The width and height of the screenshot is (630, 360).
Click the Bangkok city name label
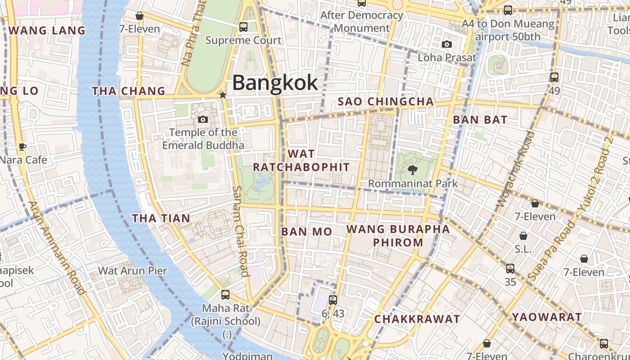pos(275,83)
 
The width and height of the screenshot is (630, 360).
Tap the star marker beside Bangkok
pos(222,95)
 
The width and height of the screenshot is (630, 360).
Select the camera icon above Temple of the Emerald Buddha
pos(203,119)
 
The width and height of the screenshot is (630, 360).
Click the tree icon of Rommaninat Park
pos(412,170)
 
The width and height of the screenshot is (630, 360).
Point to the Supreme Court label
pos(243,40)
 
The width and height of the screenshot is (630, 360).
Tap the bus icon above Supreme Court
pos(243,27)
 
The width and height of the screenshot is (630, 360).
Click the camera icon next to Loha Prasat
pos(446,44)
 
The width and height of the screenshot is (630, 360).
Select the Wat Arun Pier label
pos(132,270)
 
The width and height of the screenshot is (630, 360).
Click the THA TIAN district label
pos(161,218)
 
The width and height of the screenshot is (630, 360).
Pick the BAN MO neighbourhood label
pos(306,232)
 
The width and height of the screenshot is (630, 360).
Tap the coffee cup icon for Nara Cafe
pos(22,147)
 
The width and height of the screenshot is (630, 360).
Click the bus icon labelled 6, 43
pos(333,300)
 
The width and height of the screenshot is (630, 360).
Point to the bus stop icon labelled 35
pos(510,269)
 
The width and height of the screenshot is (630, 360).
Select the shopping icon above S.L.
pos(523,236)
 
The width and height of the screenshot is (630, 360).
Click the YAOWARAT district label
pos(547,317)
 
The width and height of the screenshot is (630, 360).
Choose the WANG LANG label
pos(47,31)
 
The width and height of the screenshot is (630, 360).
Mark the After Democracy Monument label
pos(362,22)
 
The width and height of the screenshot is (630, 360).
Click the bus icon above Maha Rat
pos(225,295)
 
